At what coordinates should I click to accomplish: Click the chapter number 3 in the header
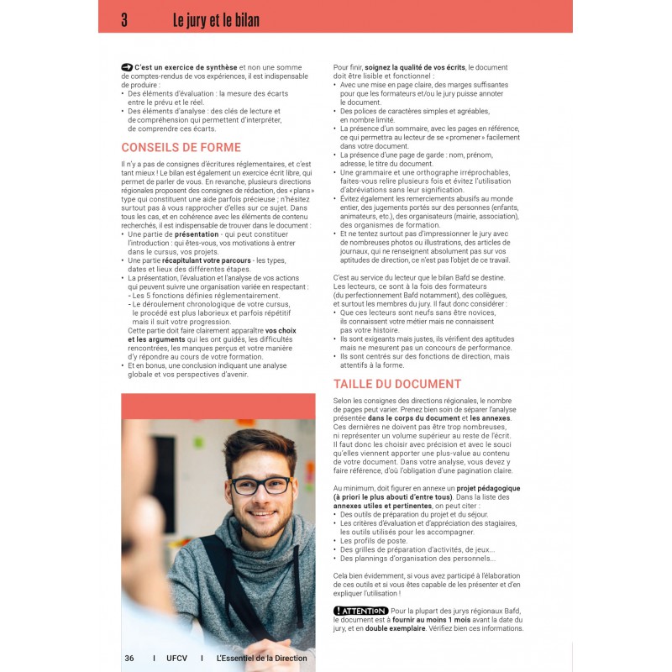(124, 19)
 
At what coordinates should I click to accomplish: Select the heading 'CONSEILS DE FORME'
(181, 148)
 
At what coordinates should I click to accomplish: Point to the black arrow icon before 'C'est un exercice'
(127, 66)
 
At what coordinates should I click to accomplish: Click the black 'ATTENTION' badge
(360, 611)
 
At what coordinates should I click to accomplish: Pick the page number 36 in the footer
(129, 659)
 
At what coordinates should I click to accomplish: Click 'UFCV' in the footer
(177, 659)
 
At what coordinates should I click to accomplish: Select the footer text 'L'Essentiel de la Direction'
(261, 659)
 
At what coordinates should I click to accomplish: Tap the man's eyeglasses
(260, 485)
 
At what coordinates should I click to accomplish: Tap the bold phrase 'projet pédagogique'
(488, 488)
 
